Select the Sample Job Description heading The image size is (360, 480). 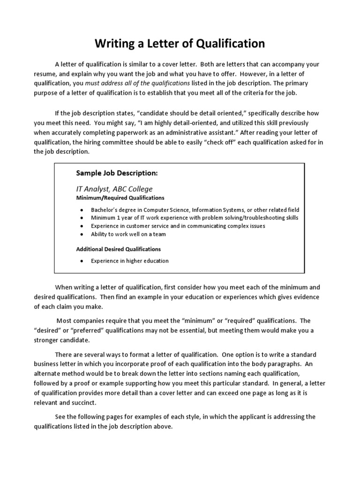[x=117, y=173]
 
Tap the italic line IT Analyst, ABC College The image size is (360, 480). [x=114, y=189]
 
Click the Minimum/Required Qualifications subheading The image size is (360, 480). [x=120, y=198]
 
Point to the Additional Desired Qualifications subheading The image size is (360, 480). [x=118, y=249]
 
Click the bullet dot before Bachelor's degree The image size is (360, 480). [x=82, y=210]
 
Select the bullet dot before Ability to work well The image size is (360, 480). [x=82, y=234]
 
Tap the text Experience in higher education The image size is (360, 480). [x=129, y=261]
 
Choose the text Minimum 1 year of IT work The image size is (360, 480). [x=126, y=218]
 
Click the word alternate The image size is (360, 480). [x=47, y=374]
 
